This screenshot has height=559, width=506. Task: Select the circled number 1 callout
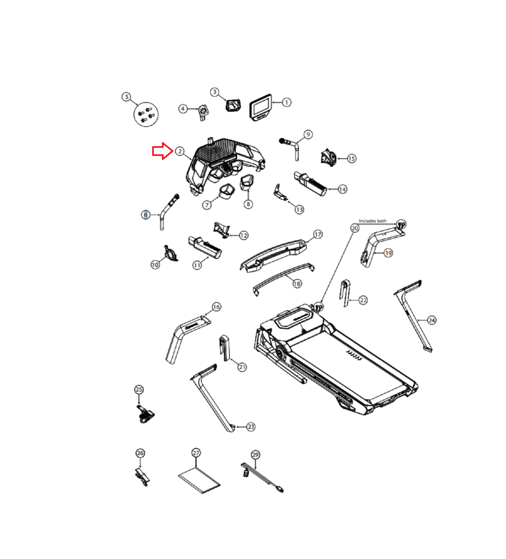[x=286, y=102]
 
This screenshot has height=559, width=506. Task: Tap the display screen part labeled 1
[x=261, y=107]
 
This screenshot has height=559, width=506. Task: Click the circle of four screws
[x=146, y=114]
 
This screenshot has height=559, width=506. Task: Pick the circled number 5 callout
[x=126, y=97]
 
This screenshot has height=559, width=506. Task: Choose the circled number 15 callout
[x=351, y=159]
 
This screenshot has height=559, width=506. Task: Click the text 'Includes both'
[x=373, y=221]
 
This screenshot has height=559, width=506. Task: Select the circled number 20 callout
[x=355, y=228]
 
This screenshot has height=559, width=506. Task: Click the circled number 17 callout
[x=317, y=234]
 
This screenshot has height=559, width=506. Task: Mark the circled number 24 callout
[x=432, y=320]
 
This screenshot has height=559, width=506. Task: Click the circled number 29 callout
[x=255, y=455]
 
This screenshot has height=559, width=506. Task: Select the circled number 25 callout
[x=139, y=389]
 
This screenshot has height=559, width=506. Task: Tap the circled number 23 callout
[x=251, y=427]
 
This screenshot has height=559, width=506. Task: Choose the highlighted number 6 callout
[x=146, y=215]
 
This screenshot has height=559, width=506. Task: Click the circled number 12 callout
[x=244, y=235]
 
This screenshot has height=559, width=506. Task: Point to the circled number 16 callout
[x=216, y=307]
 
